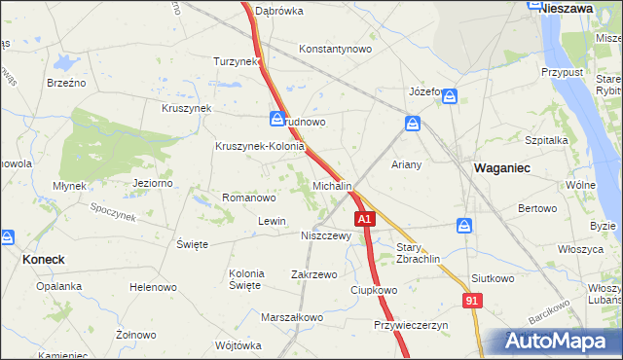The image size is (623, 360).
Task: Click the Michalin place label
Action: (332, 185)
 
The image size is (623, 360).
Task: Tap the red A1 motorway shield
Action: (364, 221)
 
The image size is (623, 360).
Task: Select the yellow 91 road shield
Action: (471, 303)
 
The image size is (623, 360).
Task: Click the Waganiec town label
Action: (501, 167)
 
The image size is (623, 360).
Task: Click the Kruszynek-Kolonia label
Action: (260, 147)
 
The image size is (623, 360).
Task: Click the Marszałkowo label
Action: (292, 317)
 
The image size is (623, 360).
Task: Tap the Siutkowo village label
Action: (492, 278)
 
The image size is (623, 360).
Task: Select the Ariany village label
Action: (407, 164)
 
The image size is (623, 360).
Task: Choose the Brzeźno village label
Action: (66, 83)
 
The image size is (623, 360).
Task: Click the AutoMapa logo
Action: (558, 342)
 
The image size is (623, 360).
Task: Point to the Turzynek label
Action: (236, 60)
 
